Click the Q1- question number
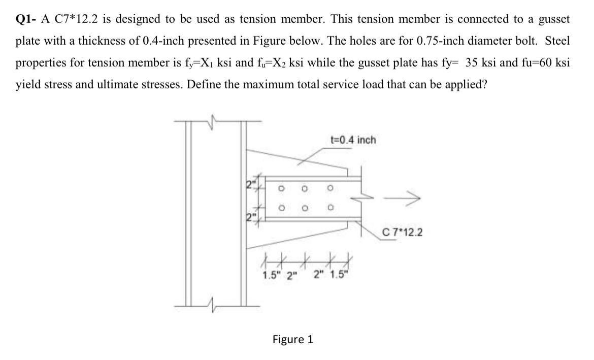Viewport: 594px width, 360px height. coord(25,20)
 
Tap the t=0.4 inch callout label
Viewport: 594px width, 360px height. coord(353,140)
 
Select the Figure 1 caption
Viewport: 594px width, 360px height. coord(293,339)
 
